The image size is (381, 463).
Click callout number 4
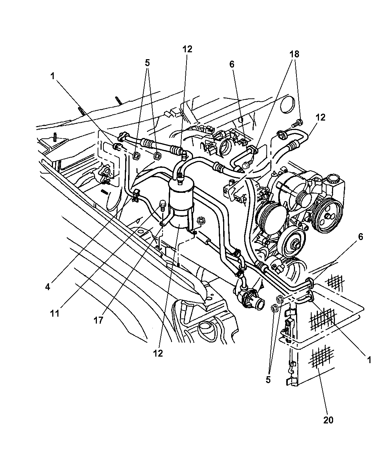click(48, 287)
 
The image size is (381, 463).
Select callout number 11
click(55, 313)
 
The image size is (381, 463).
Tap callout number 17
click(98, 320)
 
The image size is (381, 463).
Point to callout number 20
click(328, 420)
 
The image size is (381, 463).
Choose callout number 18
click(294, 54)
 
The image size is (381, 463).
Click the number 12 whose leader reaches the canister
click(158, 353)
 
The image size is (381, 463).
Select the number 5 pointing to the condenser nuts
click(268, 380)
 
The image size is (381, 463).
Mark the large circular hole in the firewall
click(288, 105)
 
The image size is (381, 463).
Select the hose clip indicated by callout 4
click(135, 195)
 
